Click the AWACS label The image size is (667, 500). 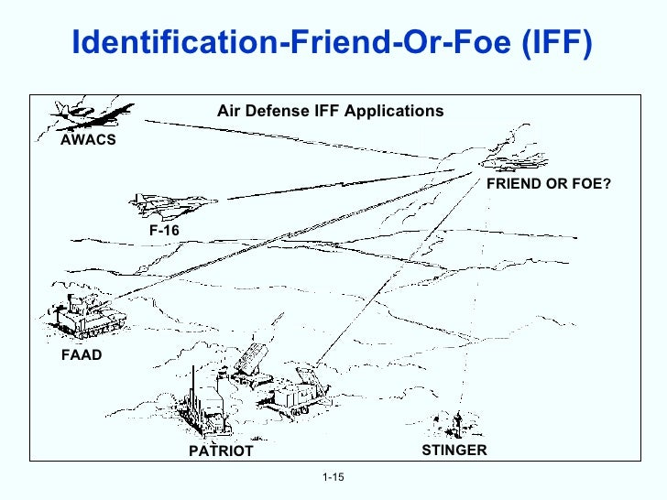click(x=88, y=142)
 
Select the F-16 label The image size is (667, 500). click(x=164, y=230)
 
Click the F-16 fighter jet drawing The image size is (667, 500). click(x=169, y=201)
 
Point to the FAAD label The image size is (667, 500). click(x=81, y=354)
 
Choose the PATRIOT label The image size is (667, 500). click(x=220, y=451)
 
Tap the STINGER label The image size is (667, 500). click(x=454, y=450)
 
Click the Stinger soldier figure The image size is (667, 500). click(x=455, y=423)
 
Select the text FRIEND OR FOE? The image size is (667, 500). click(x=548, y=184)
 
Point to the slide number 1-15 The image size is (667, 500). click(x=333, y=479)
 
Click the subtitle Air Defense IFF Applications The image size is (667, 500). click(x=330, y=111)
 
